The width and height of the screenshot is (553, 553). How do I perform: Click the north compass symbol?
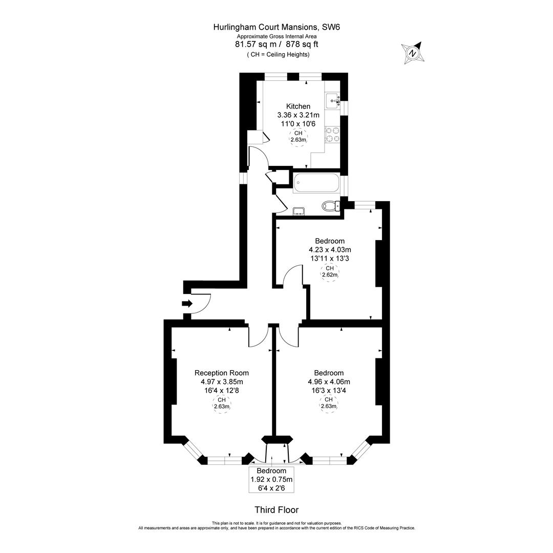412,53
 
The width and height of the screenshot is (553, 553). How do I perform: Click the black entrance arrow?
187,304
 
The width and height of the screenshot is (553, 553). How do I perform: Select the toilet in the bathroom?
330,206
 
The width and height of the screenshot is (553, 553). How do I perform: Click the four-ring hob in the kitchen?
332,134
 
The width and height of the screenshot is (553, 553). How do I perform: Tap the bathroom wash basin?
299,211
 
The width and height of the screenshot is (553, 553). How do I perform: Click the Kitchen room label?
298,107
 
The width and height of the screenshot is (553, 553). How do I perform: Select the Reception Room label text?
222,373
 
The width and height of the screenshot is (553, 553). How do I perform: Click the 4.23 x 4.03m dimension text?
329,250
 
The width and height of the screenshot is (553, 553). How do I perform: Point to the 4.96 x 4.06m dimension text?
329,381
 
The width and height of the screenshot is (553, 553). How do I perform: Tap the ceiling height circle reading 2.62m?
329,271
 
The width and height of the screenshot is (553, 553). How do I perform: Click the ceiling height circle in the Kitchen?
298,137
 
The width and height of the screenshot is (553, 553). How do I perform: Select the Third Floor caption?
276,509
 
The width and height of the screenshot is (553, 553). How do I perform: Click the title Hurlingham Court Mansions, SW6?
276,27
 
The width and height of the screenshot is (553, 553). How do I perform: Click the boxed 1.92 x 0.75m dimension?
271,480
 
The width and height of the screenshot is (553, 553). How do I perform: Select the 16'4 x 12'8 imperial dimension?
222,390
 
